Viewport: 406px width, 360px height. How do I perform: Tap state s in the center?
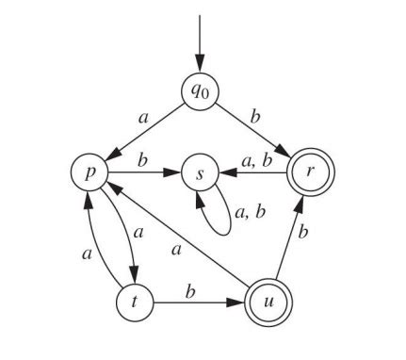201,174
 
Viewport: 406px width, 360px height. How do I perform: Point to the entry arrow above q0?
201,42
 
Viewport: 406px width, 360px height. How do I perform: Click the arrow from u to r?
291,239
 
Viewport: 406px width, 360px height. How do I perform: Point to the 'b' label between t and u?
190,290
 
